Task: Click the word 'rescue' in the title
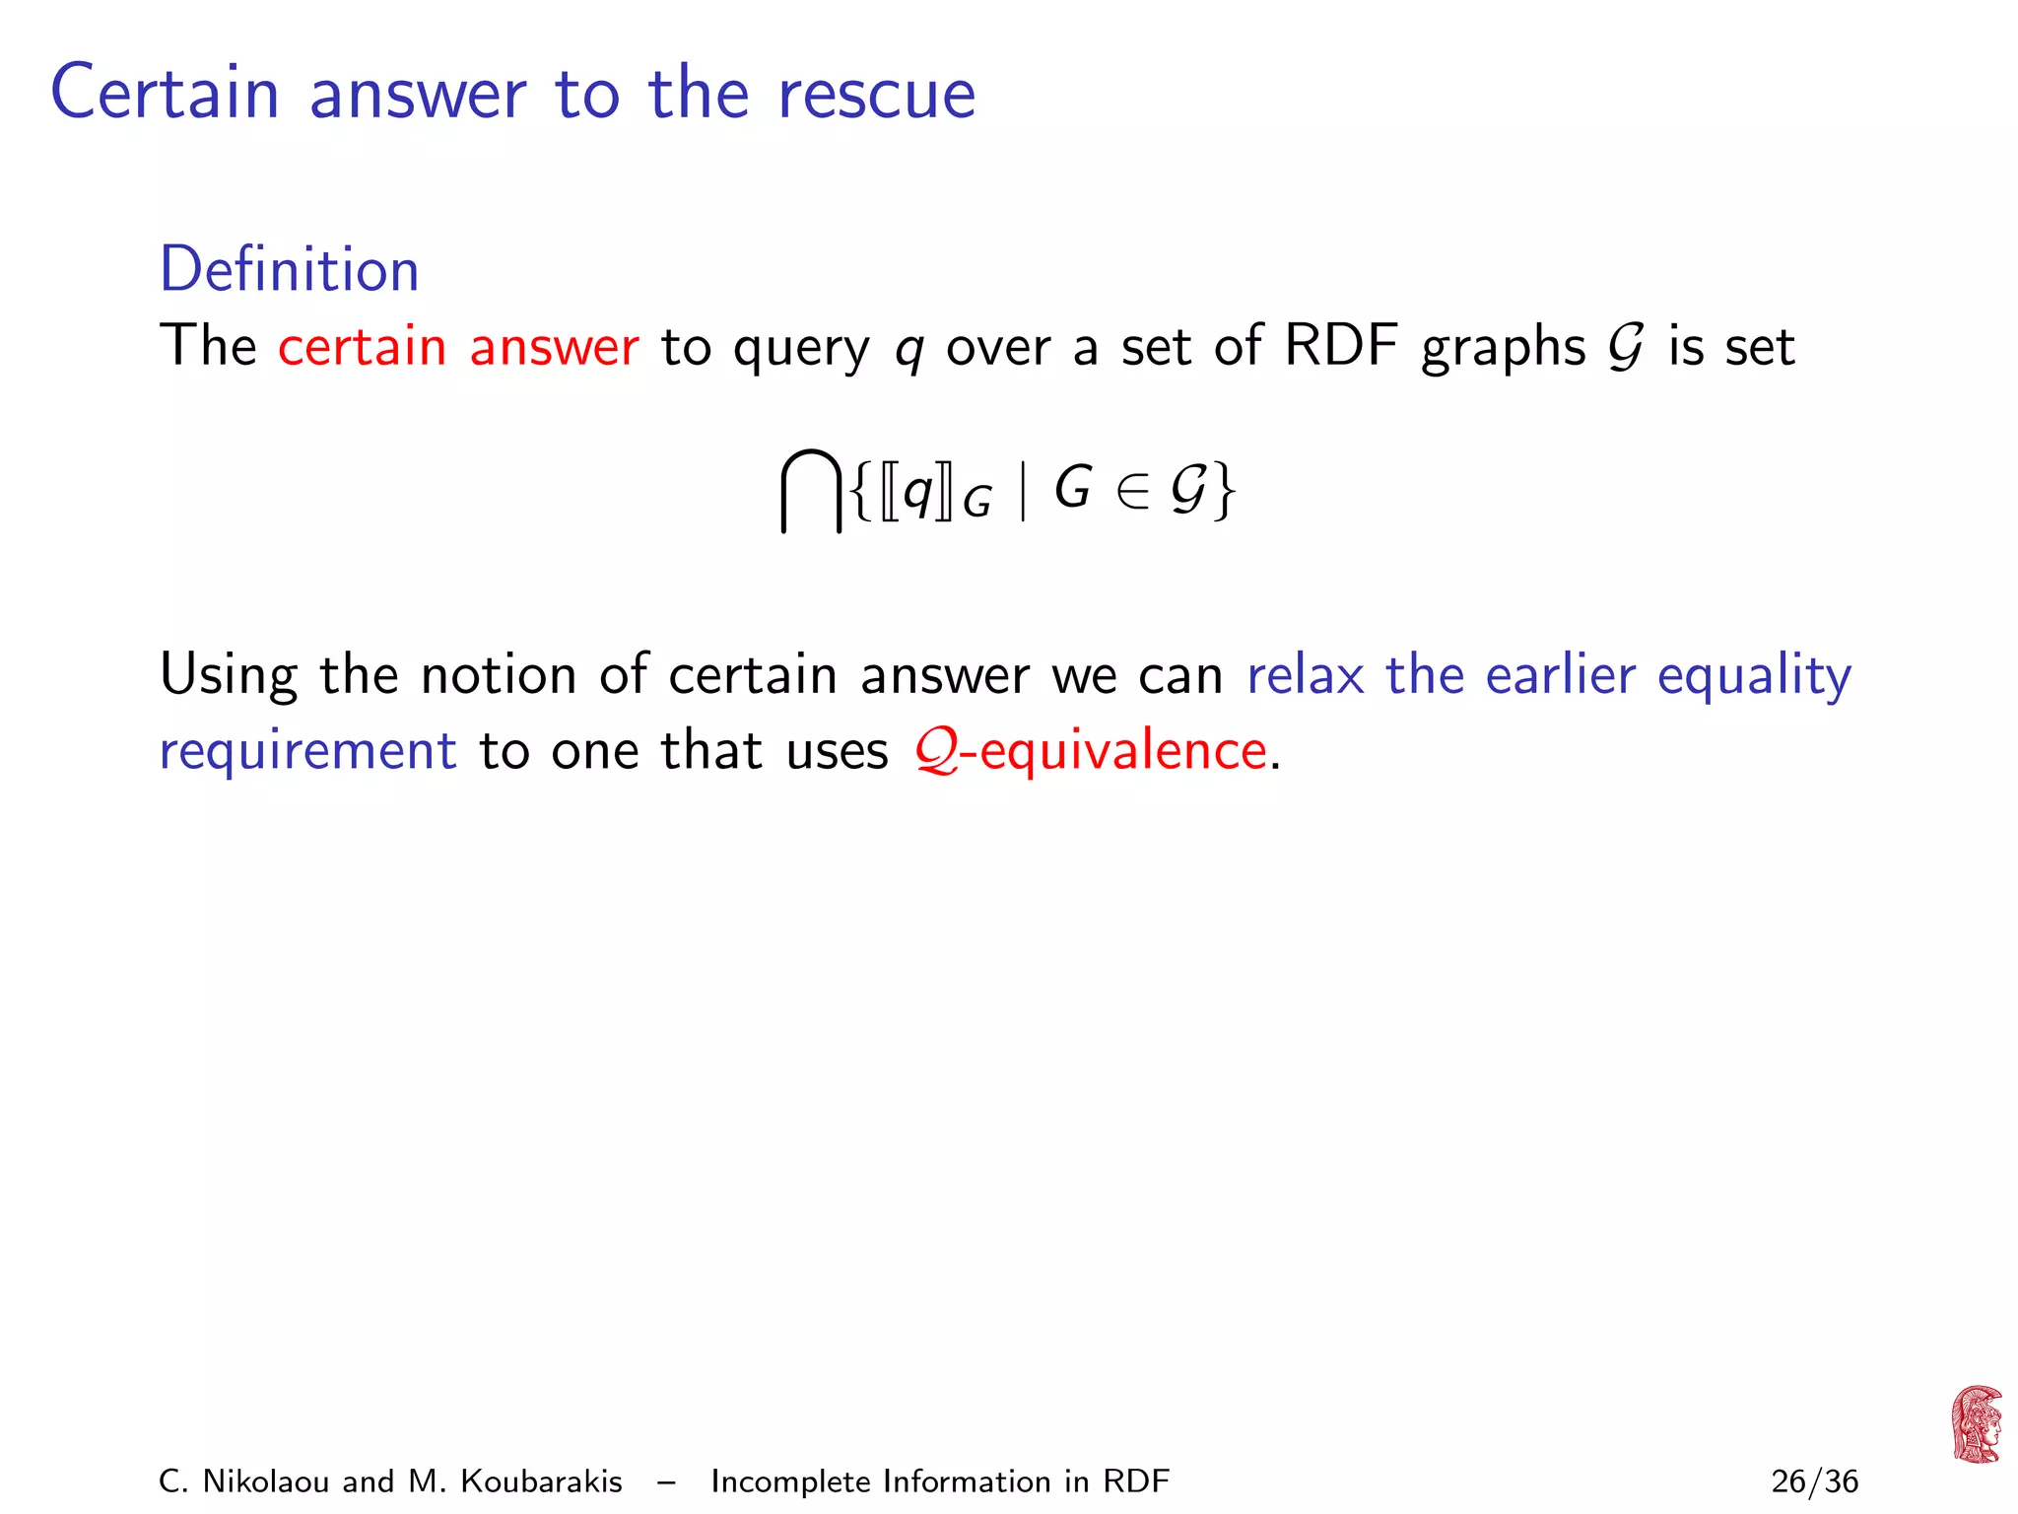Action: point(876,95)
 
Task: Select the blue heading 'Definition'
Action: point(290,269)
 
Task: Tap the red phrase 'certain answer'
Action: point(458,347)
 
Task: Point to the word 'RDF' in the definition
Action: point(1341,347)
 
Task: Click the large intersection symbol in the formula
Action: point(811,490)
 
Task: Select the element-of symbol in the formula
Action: point(1133,491)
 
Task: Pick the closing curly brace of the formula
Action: point(1224,491)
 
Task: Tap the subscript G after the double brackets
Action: point(976,504)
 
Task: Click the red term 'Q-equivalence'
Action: point(1091,751)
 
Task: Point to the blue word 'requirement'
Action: point(308,751)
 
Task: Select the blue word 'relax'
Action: point(1306,675)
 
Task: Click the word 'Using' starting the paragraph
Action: point(229,677)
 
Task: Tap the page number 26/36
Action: point(1814,1481)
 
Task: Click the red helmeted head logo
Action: point(1976,1424)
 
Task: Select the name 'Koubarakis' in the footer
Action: point(541,1481)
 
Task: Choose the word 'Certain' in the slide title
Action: point(166,95)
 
